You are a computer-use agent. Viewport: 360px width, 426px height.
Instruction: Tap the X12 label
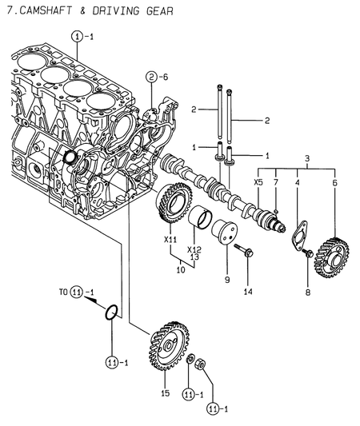[194, 249]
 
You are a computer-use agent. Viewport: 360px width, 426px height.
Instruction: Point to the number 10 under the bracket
[181, 271]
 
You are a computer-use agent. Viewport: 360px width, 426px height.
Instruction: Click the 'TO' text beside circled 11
[62, 292]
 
